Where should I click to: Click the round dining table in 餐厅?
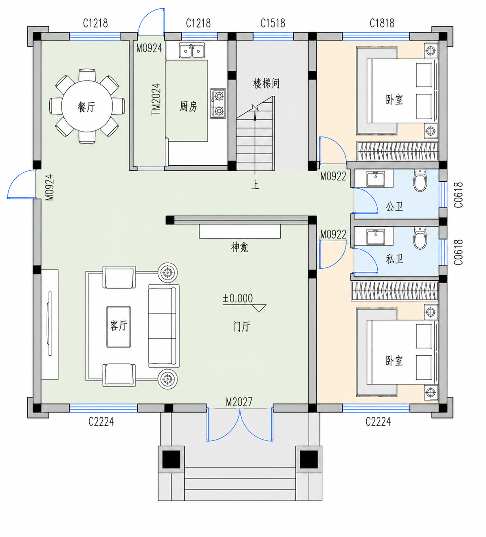[87, 106]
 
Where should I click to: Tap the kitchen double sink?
[192, 51]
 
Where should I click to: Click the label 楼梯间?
[266, 84]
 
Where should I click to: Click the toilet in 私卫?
[420, 238]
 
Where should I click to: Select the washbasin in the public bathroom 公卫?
[376, 178]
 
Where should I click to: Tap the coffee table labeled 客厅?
[119, 327]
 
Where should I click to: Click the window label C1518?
[273, 23]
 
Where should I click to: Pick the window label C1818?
[382, 23]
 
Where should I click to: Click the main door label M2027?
[239, 402]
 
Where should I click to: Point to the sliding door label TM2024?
[156, 99]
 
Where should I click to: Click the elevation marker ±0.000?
[238, 298]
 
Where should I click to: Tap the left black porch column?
[171, 459]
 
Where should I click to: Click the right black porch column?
[309, 459]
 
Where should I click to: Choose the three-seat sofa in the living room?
[164, 326]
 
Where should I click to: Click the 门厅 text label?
[242, 327]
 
